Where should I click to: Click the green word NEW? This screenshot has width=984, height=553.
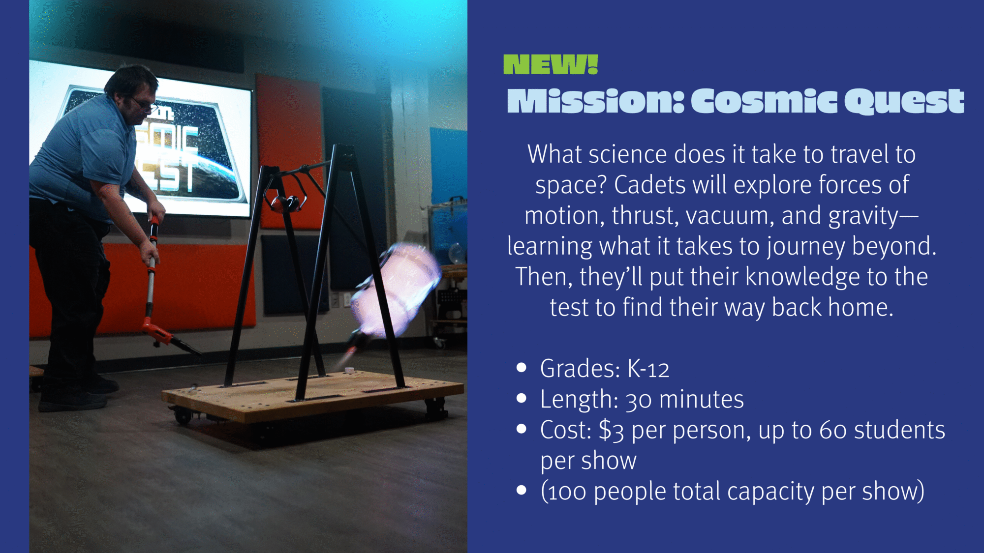point(550,64)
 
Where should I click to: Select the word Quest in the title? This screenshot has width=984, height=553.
point(904,102)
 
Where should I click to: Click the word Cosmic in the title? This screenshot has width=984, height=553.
point(764,101)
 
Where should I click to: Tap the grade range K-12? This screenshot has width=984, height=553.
point(648,369)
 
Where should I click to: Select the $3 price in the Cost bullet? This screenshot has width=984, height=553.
point(611,431)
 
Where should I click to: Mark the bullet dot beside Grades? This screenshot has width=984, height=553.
point(522,368)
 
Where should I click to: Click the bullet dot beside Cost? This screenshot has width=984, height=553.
point(522,429)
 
